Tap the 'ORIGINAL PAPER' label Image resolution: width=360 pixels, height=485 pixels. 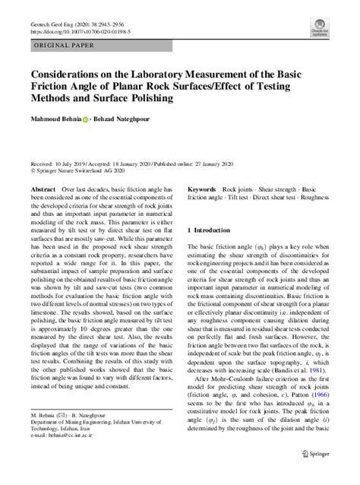(x=63, y=46)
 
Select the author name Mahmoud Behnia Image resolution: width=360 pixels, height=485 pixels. (x=52, y=120)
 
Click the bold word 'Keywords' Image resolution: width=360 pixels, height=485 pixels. (x=202, y=187)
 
